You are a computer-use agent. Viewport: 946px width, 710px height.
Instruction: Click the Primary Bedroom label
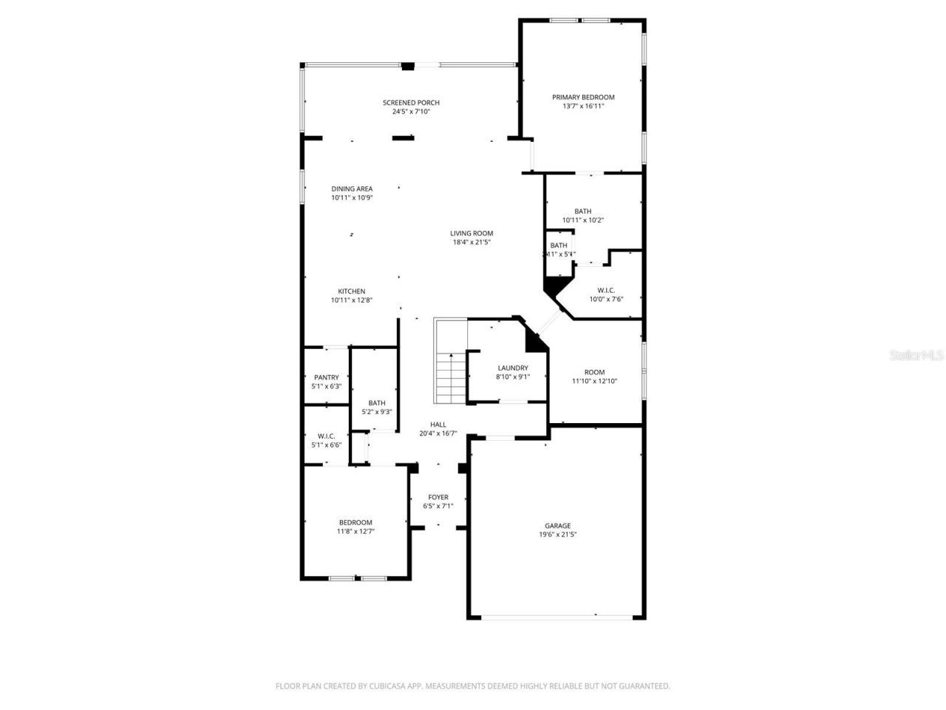pos(583,97)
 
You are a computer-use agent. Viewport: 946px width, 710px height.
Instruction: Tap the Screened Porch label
pos(411,103)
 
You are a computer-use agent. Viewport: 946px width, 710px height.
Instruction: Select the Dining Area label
pos(352,189)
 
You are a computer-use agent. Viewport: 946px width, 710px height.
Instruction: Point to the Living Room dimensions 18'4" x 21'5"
pos(472,243)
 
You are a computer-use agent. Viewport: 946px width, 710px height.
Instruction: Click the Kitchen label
pos(352,291)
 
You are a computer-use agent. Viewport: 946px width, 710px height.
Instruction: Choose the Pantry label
pos(326,377)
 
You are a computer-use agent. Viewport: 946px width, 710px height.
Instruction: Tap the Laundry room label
pos(513,368)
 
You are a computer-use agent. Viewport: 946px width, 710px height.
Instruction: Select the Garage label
pos(557,526)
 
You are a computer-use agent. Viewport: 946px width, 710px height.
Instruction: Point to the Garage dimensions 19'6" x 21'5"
pos(557,535)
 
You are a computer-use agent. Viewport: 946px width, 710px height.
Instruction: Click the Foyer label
pos(438,497)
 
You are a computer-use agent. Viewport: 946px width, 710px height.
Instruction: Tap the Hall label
pos(438,425)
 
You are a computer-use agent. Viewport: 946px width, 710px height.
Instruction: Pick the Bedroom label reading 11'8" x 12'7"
pos(355,522)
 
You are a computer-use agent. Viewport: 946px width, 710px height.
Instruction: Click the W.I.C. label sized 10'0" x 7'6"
pos(606,291)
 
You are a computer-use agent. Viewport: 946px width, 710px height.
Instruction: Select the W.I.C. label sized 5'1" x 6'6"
pos(326,436)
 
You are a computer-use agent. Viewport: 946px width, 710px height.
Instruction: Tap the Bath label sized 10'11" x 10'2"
pos(582,212)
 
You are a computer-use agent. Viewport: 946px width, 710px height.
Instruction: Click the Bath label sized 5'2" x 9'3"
pos(377,403)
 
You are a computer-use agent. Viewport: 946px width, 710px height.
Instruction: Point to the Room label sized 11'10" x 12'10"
pos(594,372)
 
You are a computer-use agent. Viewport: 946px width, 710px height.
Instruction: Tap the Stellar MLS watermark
pos(916,356)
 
